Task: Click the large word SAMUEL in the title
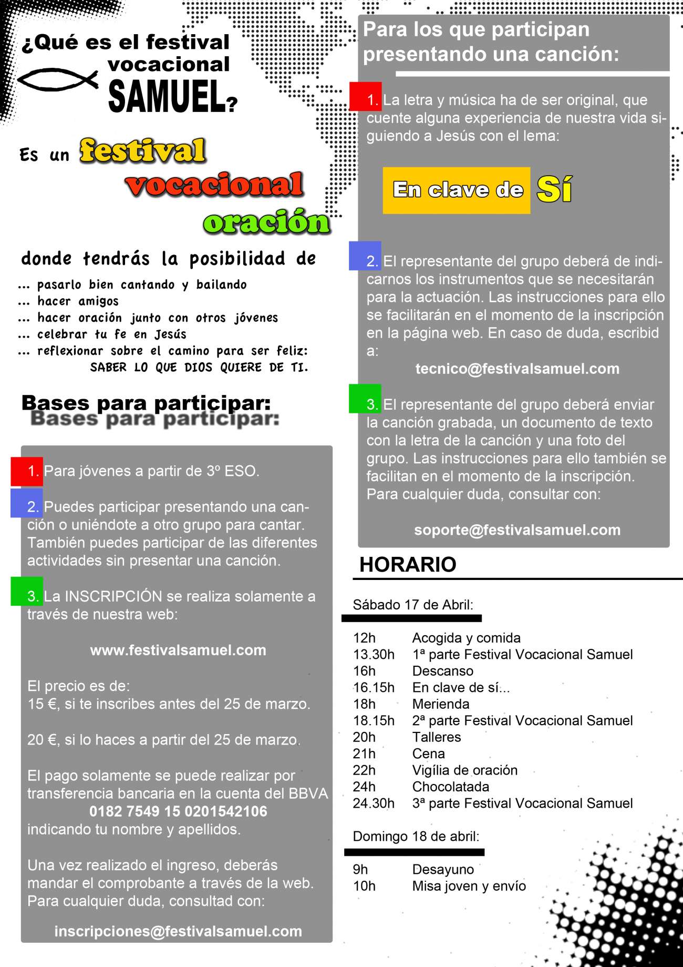(x=167, y=96)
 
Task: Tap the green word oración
(x=266, y=222)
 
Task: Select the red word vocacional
(x=214, y=185)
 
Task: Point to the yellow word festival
(x=142, y=151)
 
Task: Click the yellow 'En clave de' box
(x=456, y=190)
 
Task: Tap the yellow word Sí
(x=554, y=189)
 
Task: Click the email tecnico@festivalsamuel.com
(x=517, y=369)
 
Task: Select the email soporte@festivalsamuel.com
(x=517, y=530)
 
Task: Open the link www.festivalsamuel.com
(x=178, y=650)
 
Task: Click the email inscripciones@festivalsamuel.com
(x=178, y=931)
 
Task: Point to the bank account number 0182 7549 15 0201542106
(x=178, y=811)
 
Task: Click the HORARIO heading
(x=408, y=564)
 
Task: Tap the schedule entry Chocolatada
(x=451, y=787)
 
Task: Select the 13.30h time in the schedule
(x=374, y=654)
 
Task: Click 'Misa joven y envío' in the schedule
(x=469, y=886)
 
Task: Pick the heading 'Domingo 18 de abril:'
(x=416, y=837)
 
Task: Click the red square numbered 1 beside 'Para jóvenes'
(x=27, y=471)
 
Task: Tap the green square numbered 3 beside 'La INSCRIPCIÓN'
(x=27, y=592)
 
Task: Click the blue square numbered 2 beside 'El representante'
(x=365, y=256)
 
